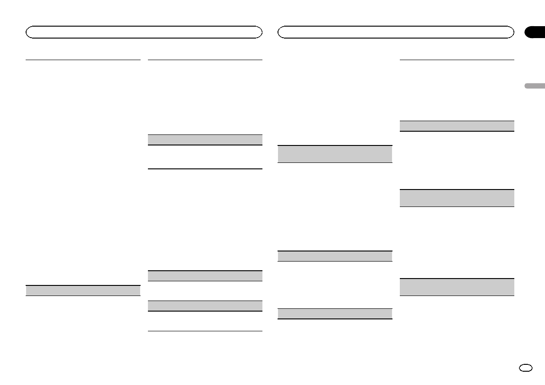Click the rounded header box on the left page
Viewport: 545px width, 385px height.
coord(144,32)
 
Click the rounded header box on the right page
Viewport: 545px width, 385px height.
coord(396,32)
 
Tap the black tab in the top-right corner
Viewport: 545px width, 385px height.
coord(534,32)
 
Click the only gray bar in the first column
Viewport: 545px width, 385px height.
coord(83,290)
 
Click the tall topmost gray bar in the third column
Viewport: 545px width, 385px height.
coord(335,154)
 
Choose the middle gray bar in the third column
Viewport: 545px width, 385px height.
coord(335,256)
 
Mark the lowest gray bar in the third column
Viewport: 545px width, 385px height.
coord(335,314)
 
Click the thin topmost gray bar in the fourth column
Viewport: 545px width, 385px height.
coord(457,126)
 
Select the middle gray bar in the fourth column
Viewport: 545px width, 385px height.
coord(457,198)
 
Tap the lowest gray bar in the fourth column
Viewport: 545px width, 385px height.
coord(457,287)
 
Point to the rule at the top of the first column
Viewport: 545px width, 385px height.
coord(83,59)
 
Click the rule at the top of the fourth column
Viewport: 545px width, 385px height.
coord(457,60)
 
